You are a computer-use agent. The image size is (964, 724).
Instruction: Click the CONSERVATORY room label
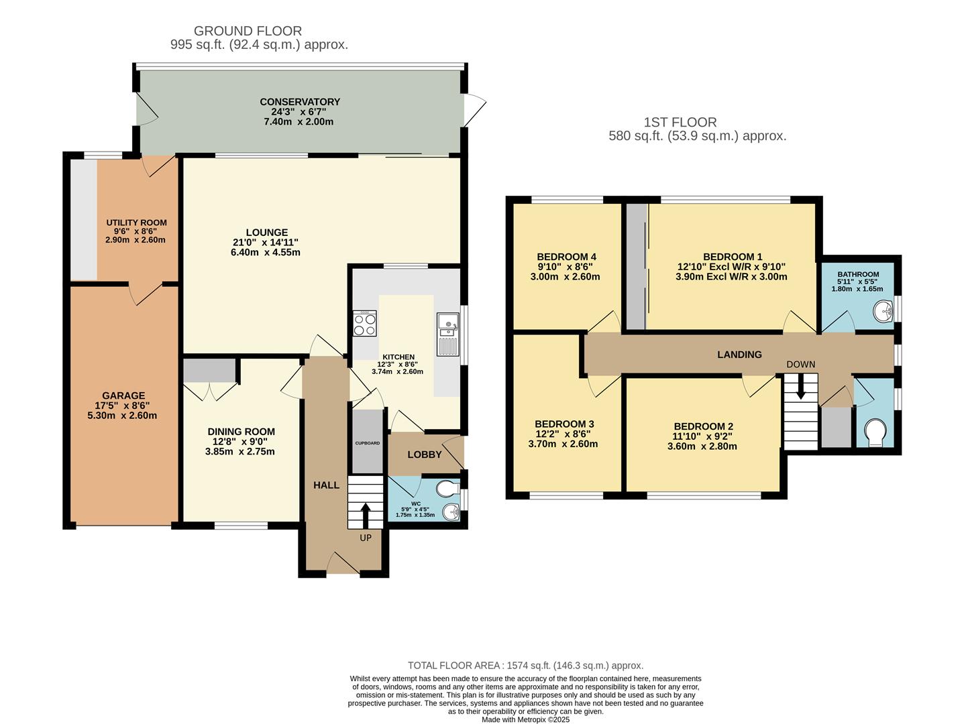[300, 102]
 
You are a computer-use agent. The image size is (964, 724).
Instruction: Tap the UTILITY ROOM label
[136, 223]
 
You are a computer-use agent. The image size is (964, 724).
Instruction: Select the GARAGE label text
[123, 396]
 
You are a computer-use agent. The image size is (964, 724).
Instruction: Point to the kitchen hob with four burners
[365, 324]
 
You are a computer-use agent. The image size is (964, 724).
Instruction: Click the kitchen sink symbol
[447, 334]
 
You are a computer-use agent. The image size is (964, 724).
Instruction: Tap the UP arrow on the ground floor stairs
[365, 515]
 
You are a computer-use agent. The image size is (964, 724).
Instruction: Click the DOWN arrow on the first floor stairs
[800, 389]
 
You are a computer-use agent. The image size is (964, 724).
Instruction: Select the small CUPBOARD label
[367, 443]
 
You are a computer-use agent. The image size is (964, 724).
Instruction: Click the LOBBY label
[425, 455]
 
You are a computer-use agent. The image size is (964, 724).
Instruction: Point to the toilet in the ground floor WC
[447, 487]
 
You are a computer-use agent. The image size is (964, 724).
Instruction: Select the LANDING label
[739, 355]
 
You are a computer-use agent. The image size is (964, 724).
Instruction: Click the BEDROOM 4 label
[566, 257]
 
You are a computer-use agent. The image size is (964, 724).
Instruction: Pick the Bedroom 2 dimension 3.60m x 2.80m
[702, 446]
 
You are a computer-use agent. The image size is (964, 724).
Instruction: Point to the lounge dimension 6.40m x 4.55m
[265, 253]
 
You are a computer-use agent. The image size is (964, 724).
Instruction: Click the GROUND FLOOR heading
[248, 31]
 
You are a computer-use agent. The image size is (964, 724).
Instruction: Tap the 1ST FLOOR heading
[680, 122]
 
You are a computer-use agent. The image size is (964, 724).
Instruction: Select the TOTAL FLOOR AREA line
[525, 666]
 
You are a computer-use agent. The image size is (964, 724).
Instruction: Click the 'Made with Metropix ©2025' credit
[525, 719]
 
